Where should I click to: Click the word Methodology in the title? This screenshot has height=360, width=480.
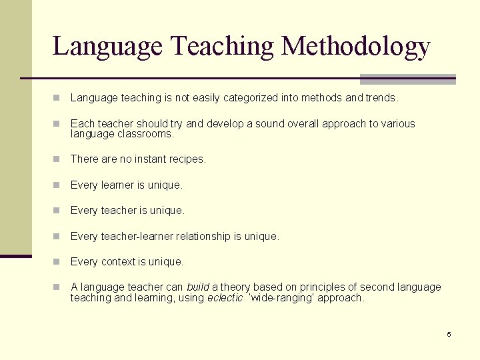(x=356, y=47)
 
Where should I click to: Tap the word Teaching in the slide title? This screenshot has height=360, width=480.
(x=222, y=47)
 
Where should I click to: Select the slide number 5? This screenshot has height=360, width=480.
(x=449, y=334)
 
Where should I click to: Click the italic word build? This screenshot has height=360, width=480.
(x=197, y=287)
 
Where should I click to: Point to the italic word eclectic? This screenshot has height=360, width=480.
(x=225, y=298)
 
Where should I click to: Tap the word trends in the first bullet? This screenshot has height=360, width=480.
(x=381, y=98)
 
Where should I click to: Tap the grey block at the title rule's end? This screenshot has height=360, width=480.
(x=407, y=79)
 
